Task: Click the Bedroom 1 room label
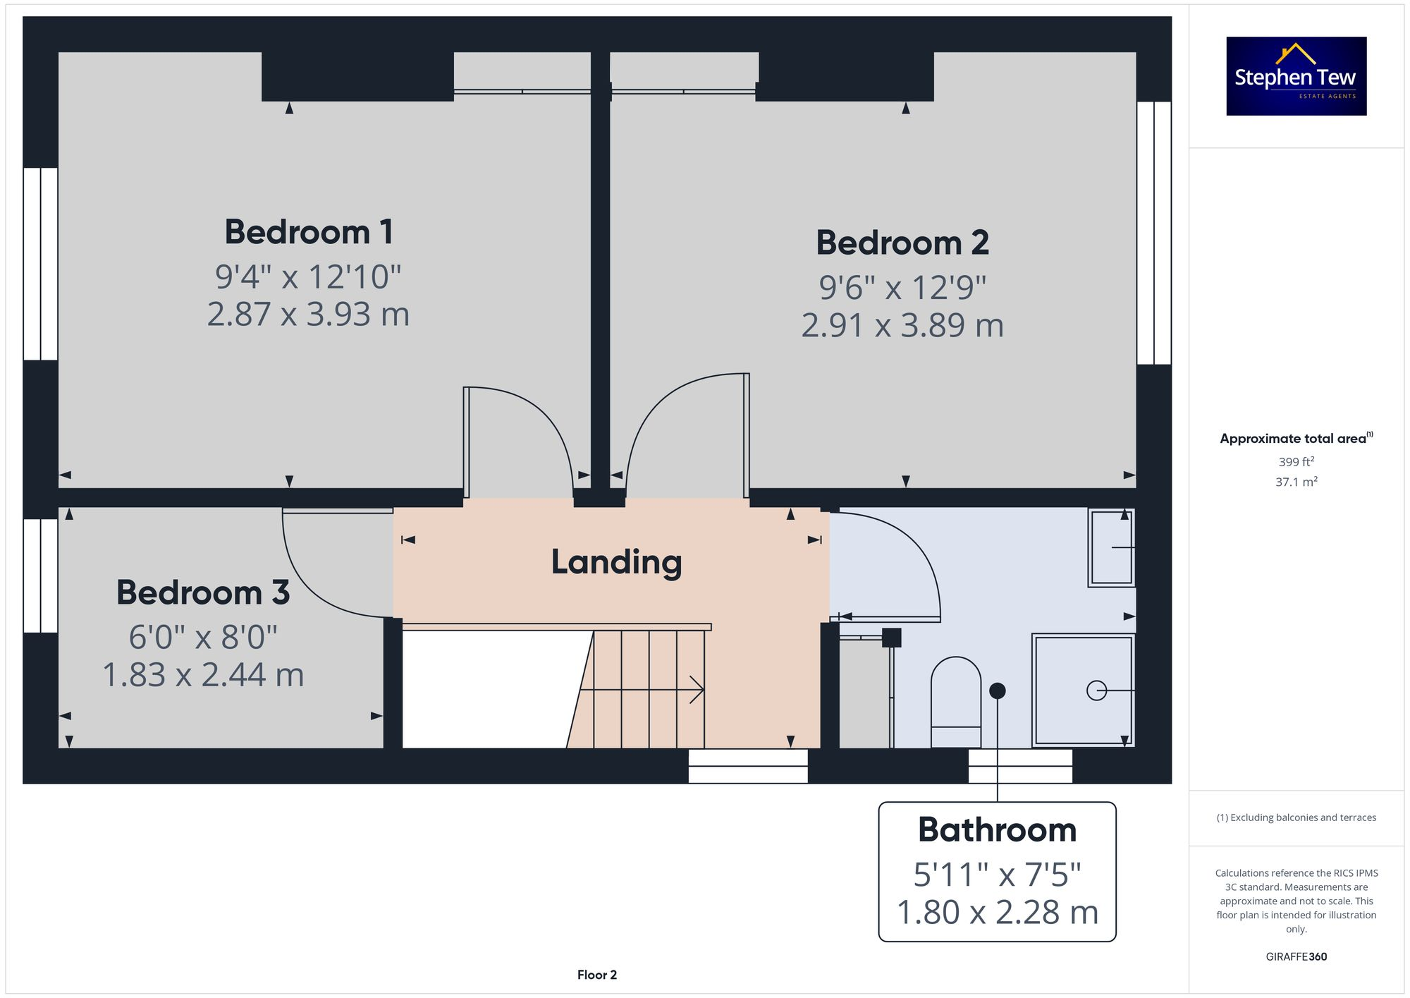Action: tap(308, 232)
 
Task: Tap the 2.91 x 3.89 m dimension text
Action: tap(902, 325)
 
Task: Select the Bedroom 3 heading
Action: tap(203, 592)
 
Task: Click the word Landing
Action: tap(616, 562)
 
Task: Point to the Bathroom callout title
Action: tap(997, 830)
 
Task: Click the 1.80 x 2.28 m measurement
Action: tap(997, 912)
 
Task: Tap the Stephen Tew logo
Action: tap(1296, 76)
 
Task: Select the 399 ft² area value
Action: tap(1296, 462)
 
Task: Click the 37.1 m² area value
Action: tap(1296, 482)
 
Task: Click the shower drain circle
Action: tap(1096, 690)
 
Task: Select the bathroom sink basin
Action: tap(1112, 547)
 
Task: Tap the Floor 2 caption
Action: tap(596, 975)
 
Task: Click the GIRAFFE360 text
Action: tap(1296, 956)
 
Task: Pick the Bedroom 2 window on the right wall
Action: tap(1154, 233)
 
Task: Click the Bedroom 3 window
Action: tap(40, 576)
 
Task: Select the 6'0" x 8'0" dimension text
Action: tap(203, 638)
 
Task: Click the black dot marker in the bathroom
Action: tap(997, 691)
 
